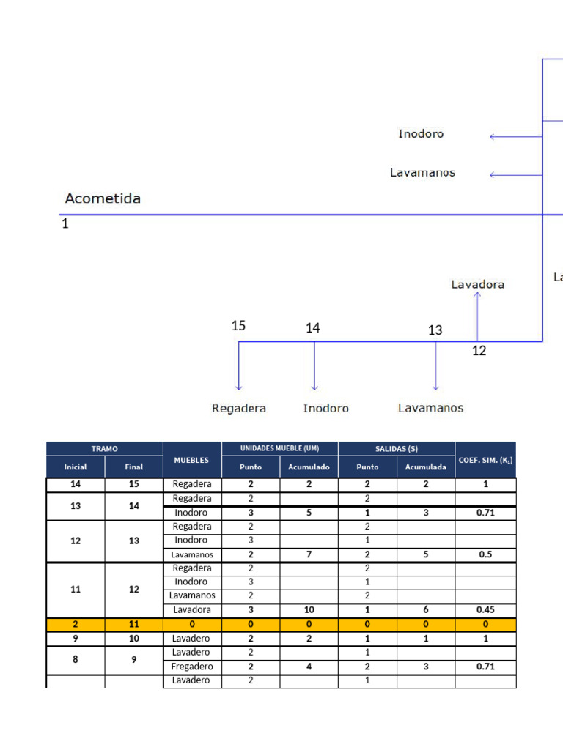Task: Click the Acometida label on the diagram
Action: click(x=103, y=198)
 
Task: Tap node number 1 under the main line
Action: click(x=65, y=224)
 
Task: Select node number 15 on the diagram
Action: click(x=238, y=326)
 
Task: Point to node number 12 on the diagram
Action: click(x=479, y=352)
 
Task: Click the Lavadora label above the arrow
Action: click(x=478, y=284)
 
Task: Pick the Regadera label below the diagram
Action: click(x=238, y=408)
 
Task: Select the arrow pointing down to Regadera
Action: click(x=238, y=366)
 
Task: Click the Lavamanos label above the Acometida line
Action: click(x=422, y=173)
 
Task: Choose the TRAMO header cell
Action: click(x=104, y=449)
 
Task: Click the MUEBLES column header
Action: click(x=191, y=460)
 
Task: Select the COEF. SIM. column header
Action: click(x=485, y=460)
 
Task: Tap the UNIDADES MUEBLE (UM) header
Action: click(x=279, y=448)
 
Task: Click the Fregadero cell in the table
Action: click(x=192, y=667)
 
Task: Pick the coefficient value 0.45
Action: click(x=485, y=610)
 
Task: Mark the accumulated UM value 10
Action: click(x=309, y=610)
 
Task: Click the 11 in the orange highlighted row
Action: click(x=133, y=625)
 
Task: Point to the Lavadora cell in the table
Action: click(x=192, y=610)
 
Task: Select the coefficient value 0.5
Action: click(x=485, y=554)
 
